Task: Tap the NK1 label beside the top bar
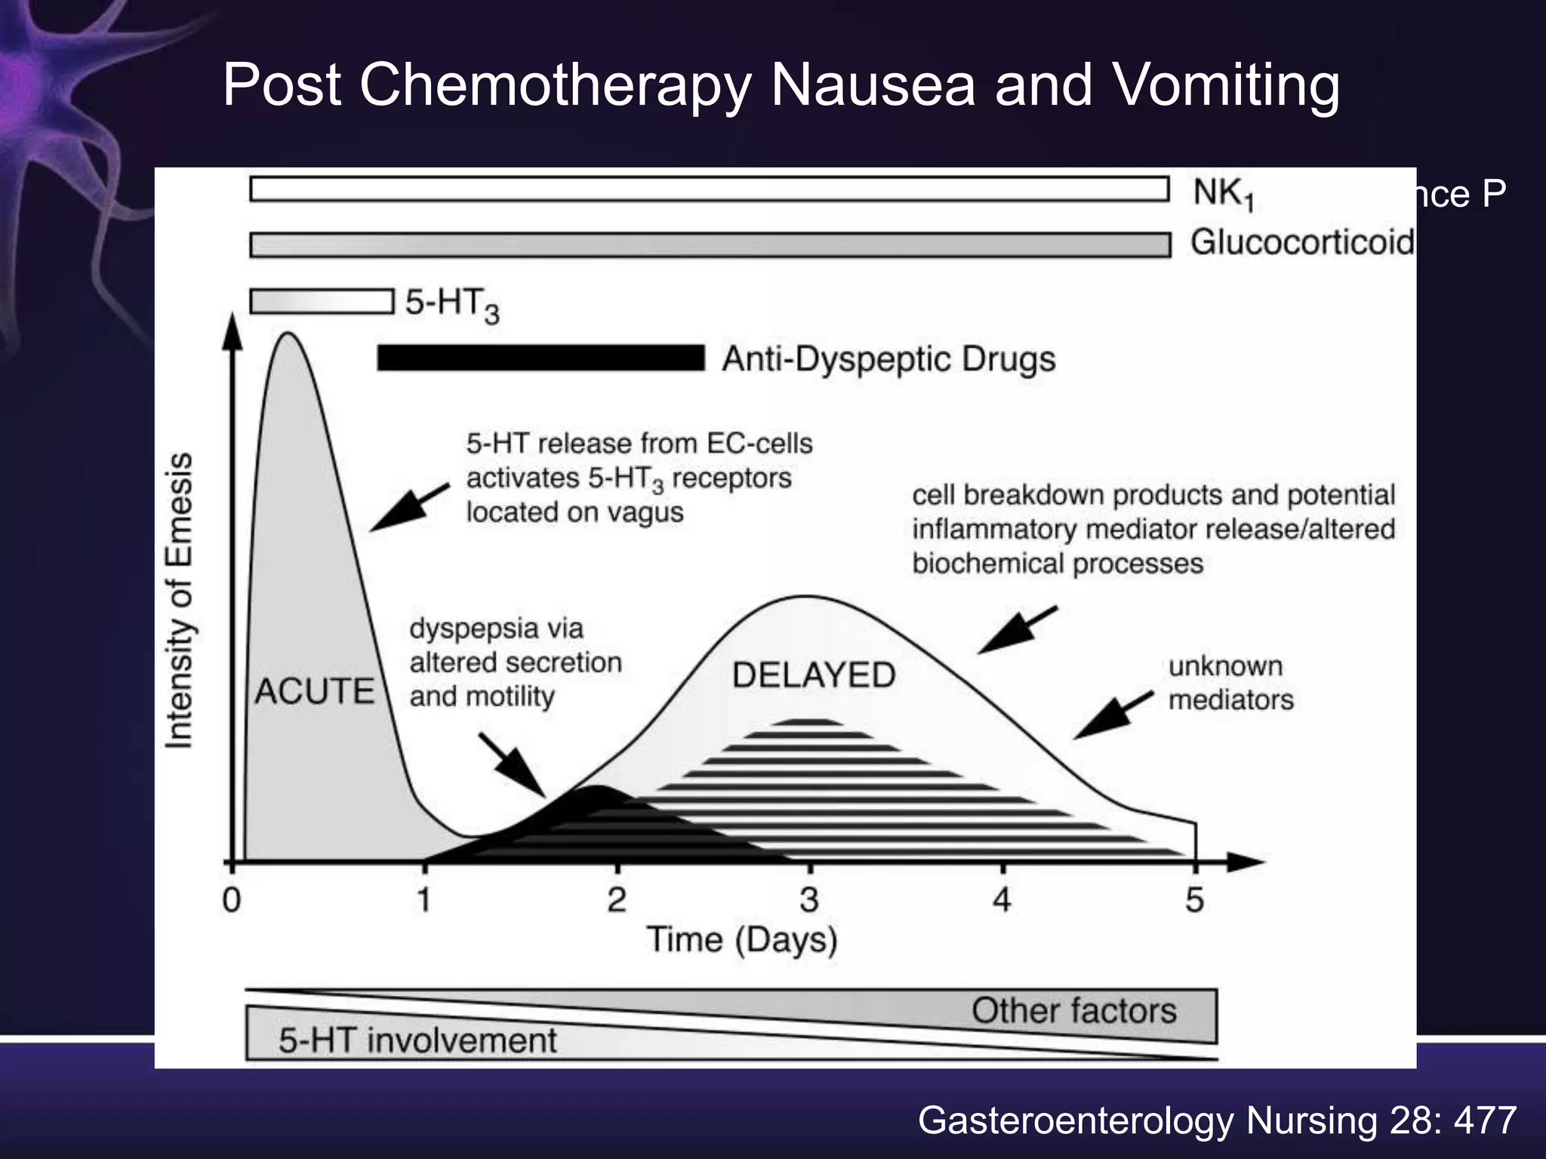click(x=1223, y=194)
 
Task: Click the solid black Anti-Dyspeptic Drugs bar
click(x=540, y=358)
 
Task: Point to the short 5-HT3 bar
click(x=322, y=301)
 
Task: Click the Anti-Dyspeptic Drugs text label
click(x=888, y=359)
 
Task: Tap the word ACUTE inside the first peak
click(x=314, y=691)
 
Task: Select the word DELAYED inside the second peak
click(x=814, y=675)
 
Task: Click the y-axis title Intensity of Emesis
click(x=180, y=601)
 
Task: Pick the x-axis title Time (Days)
click(x=742, y=940)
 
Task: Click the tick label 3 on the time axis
click(x=809, y=899)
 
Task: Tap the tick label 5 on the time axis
click(x=1194, y=899)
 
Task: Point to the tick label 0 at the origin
click(x=232, y=899)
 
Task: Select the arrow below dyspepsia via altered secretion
click(x=513, y=764)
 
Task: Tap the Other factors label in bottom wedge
click(x=1073, y=1011)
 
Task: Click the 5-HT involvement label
click(x=417, y=1041)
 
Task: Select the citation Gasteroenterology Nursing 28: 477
click(x=1217, y=1121)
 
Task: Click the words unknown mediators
click(x=1230, y=683)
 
